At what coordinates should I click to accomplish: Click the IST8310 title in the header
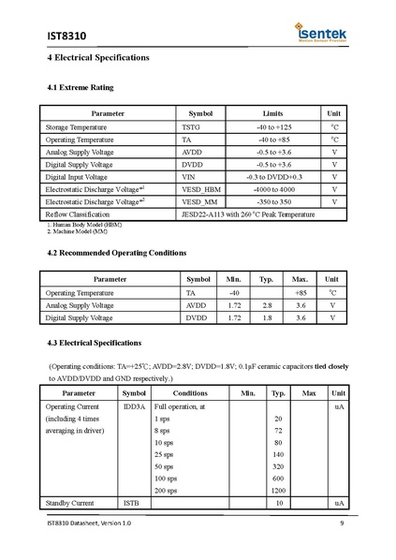tap(66, 36)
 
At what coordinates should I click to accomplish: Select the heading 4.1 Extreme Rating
tap(80, 88)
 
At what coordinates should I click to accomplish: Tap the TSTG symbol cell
tap(190, 126)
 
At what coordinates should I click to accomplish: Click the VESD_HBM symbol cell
tap(201, 189)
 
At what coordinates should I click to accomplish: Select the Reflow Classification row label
tap(78, 214)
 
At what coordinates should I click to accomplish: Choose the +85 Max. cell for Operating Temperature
tap(301, 293)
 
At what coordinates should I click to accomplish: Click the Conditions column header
tap(190, 393)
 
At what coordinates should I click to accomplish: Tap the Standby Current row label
tap(70, 504)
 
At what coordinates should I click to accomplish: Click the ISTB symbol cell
tap(132, 504)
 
